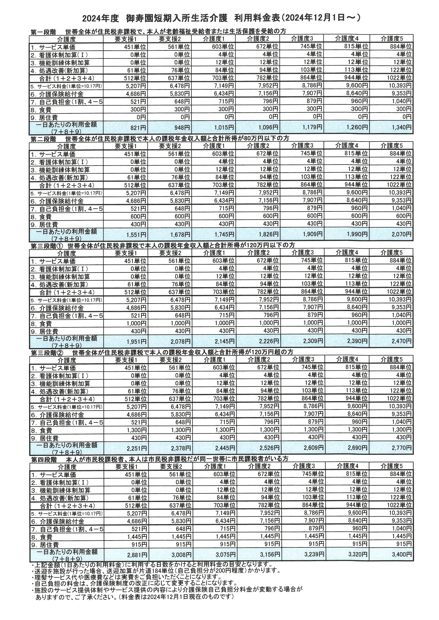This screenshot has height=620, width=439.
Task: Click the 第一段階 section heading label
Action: (x=43, y=32)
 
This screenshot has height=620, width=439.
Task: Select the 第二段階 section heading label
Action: (x=43, y=139)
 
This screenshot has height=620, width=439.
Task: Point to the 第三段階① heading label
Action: (x=47, y=246)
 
